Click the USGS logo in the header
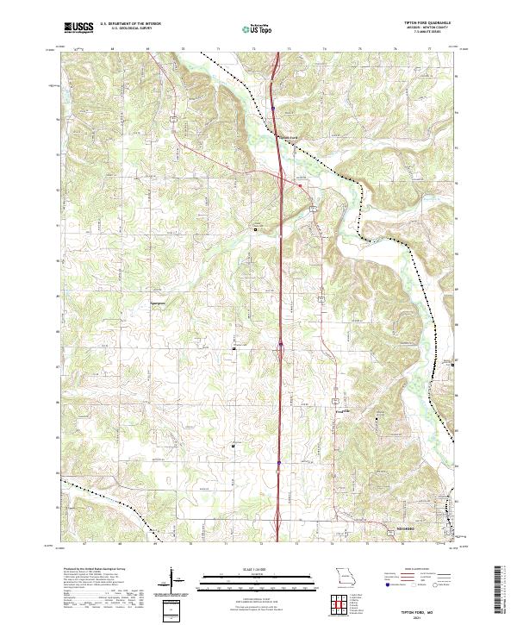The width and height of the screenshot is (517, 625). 78,28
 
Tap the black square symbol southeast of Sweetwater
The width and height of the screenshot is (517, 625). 234,348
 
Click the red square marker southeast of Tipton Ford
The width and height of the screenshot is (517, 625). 300,184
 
